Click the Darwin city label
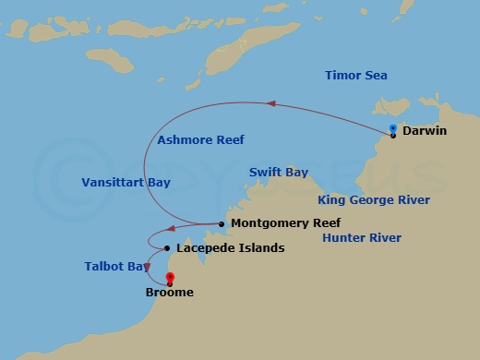426,131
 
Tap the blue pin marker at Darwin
392,128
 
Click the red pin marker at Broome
170,277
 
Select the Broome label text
170,294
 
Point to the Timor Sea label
356,76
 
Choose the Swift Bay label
279,173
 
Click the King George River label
373,199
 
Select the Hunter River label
361,238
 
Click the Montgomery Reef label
286,223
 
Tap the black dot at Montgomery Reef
222,223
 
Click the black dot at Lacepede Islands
166,248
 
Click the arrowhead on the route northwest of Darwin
271,103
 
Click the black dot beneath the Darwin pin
392,136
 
